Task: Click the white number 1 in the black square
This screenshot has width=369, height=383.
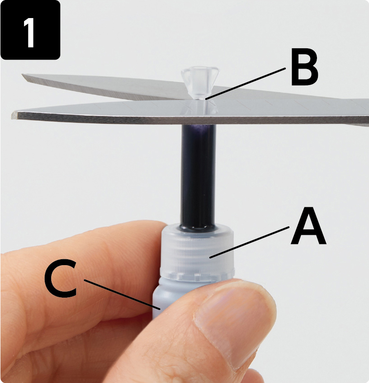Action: coord(29,33)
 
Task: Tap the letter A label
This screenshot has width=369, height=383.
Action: coord(308,226)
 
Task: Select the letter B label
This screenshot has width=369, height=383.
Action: coord(304,70)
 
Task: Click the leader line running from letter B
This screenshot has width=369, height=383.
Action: coord(246,84)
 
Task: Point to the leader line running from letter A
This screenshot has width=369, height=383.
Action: coord(250,242)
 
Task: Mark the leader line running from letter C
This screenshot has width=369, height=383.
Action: coord(122,295)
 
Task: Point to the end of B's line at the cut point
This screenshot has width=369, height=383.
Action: coord(206,99)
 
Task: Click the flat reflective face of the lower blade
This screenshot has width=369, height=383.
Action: coord(147,109)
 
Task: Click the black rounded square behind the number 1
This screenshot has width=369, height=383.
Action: coord(30,30)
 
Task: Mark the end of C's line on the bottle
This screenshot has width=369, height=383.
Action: coord(160,310)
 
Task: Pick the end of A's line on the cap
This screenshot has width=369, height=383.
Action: coord(210,257)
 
